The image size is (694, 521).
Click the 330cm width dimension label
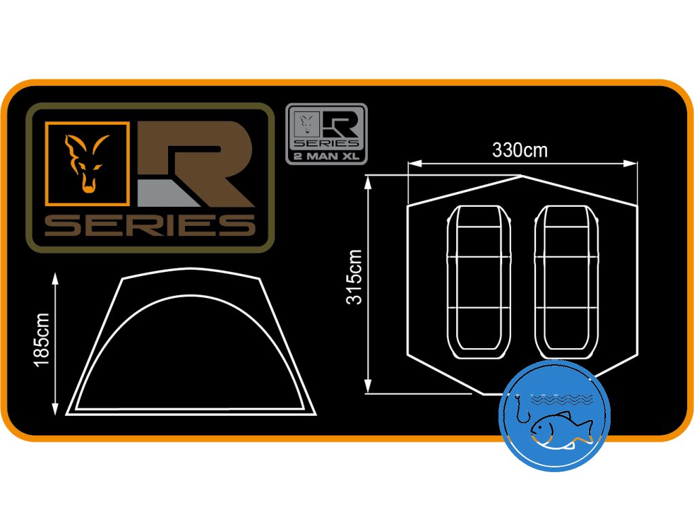(520, 151)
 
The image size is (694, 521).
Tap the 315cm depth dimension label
(354, 277)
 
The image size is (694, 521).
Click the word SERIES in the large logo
(150, 225)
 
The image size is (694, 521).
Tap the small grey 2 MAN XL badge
(326, 133)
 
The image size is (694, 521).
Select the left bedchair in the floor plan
(480, 284)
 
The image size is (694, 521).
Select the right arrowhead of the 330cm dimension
(635, 163)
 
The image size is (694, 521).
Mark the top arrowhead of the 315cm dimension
(368, 178)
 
